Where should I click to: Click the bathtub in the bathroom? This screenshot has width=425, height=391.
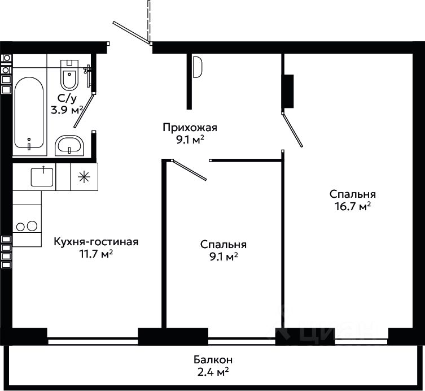click(x=29, y=113)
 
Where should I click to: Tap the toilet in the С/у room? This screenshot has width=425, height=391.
click(x=69, y=75)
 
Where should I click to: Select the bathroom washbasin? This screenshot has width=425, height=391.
click(x=69, y=145)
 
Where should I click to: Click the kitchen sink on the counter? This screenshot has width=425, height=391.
click(x=42, y=176)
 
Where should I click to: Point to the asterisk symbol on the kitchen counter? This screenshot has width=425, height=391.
click(x=84, y=177)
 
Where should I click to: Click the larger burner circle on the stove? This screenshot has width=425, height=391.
click(x=32, y=226)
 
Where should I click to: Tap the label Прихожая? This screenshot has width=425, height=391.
click(x=190, y=127)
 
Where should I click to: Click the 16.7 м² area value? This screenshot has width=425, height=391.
click(x=353, y=206)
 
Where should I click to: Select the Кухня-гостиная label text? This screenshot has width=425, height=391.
click(x=96, y=241)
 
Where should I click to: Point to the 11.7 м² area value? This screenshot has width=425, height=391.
click(x=96, y=254)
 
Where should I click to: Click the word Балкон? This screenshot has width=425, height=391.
click(x=213, y=360)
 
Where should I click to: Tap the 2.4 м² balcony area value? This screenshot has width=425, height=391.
click(x=213, y=372)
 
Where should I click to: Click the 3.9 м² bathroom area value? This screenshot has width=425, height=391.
click(x=67, y=110)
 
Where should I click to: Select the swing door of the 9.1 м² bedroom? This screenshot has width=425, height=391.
click(x=190, y=170)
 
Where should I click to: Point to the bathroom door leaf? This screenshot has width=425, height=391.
click(x=84, y=111)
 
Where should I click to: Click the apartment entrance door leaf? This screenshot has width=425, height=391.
click(x=132, y=33)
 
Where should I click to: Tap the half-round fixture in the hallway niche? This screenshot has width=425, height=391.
click(x=198, y=67)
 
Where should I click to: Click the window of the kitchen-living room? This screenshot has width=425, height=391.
click(x=93, y=341)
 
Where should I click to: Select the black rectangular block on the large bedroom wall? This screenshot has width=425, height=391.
click(x=289, y=92)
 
